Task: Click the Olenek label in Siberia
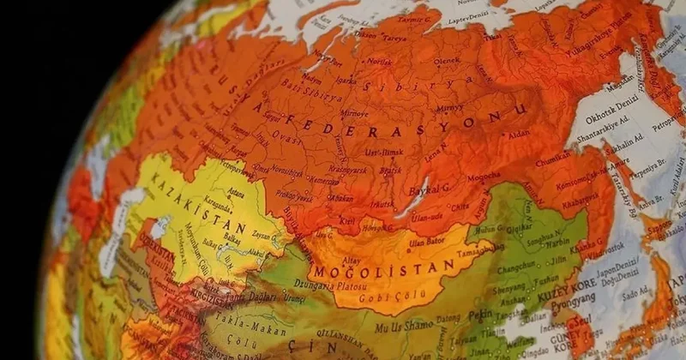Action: click(x=447, y=61)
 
